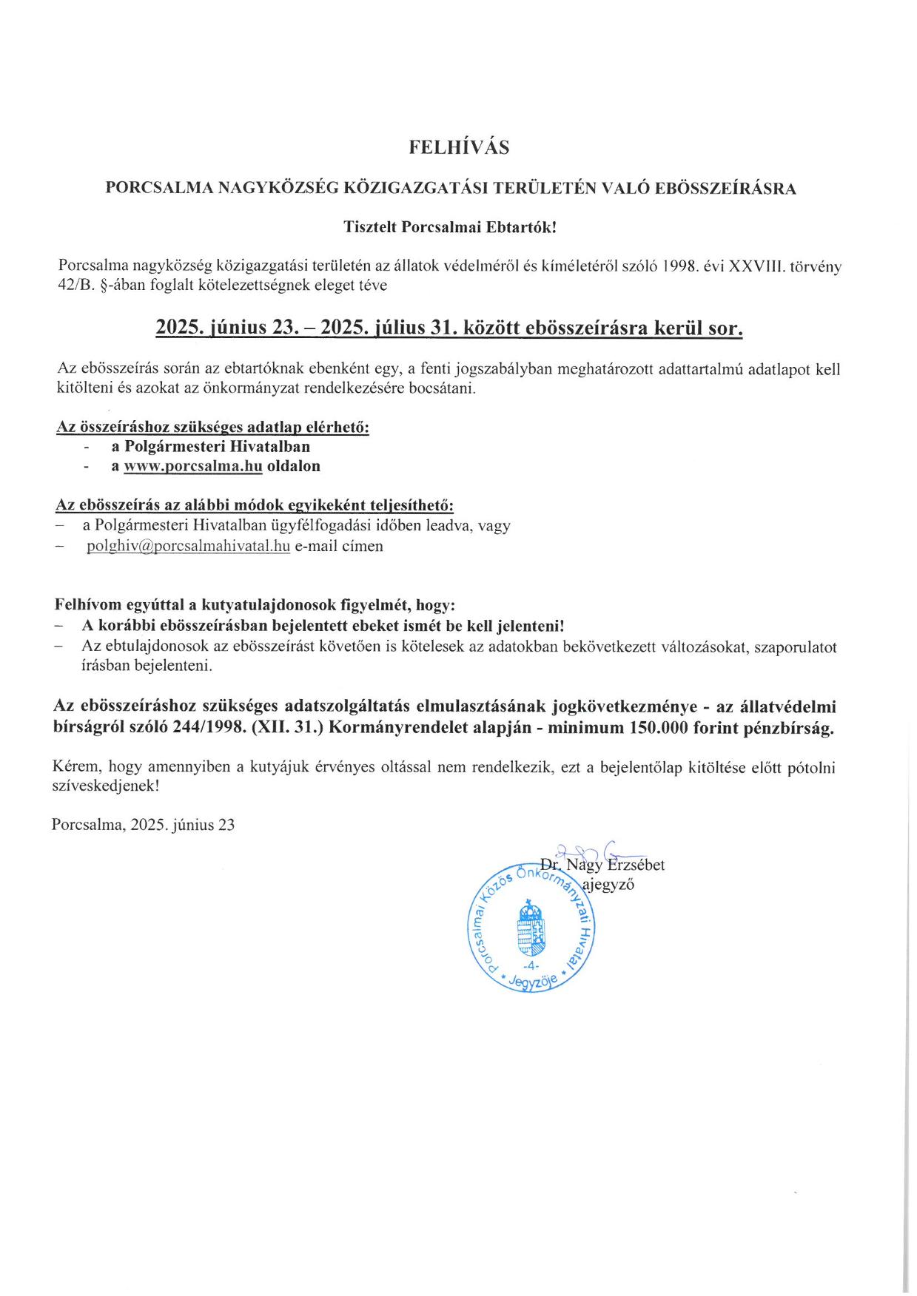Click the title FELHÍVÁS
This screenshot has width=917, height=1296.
[459, 148]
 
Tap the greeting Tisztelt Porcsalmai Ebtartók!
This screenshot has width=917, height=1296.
[449, 227]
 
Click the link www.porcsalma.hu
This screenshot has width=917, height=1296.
[193, 466]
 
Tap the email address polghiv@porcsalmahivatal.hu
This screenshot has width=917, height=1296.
[188, 547]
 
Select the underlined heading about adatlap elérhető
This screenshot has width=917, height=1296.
[212, 428]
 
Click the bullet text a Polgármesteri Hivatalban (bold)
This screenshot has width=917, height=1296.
[210, 446]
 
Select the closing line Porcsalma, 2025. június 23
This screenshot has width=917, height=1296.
[144, 825]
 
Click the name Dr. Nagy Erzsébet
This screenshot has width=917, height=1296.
[602, 865]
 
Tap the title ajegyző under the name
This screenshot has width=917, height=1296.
[608, 885]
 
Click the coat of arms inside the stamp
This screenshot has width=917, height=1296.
[531, 928]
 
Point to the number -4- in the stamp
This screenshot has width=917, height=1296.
[531, 967]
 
